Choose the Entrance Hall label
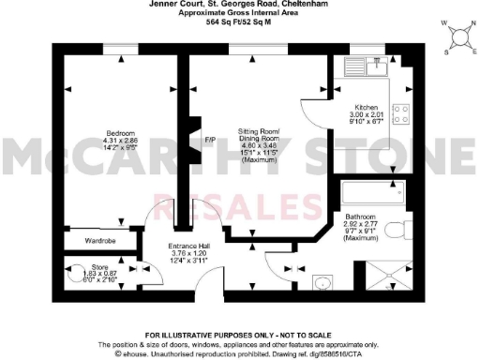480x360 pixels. point(189,247)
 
